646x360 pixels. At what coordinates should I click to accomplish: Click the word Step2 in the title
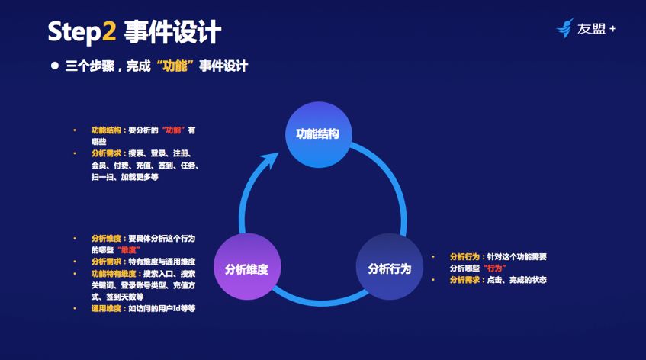pyautogui.click(x=82, y=32)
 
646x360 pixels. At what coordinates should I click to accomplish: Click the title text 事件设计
pyautogui.click(x=172, y=32)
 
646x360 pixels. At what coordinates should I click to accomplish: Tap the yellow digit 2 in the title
pyautogui.click(x=109, y=31)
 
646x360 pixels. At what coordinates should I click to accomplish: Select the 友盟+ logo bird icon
pyautogui.click(x=565, y=28)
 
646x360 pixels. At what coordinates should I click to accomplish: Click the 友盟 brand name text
pyautogui.click(x=591, y=28)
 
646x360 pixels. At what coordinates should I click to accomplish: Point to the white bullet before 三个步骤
pyautogui.click(x=55, y=66)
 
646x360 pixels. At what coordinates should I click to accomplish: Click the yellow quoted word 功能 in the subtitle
pyautogui.click(x=175, y=66)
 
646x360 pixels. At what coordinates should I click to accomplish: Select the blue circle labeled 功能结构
pyautogui.click(x=319, y=135)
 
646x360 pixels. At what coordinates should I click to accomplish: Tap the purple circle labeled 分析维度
pyautogui.click(x=247, y=266)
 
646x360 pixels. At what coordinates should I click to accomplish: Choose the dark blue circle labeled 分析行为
pyautogui.click(x=390, y=266)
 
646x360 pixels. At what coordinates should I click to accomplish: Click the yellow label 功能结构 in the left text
pyautogui.click(x=106, y=130)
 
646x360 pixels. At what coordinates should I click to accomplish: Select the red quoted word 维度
pyautogui.click(x=129, y=249)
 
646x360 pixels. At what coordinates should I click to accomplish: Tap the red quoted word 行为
pyautogui.click(x=494, y=268)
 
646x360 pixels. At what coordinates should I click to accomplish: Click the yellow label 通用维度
pyautogui.click(x=106, y=308)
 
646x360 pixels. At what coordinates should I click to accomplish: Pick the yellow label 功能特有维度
pyautogui.click(x=114, y=274)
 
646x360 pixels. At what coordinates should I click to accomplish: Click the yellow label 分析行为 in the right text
pyautogui.click(x=464, y=256)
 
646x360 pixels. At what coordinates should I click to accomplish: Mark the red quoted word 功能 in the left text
pyautogui.click(x=173, y=130)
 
